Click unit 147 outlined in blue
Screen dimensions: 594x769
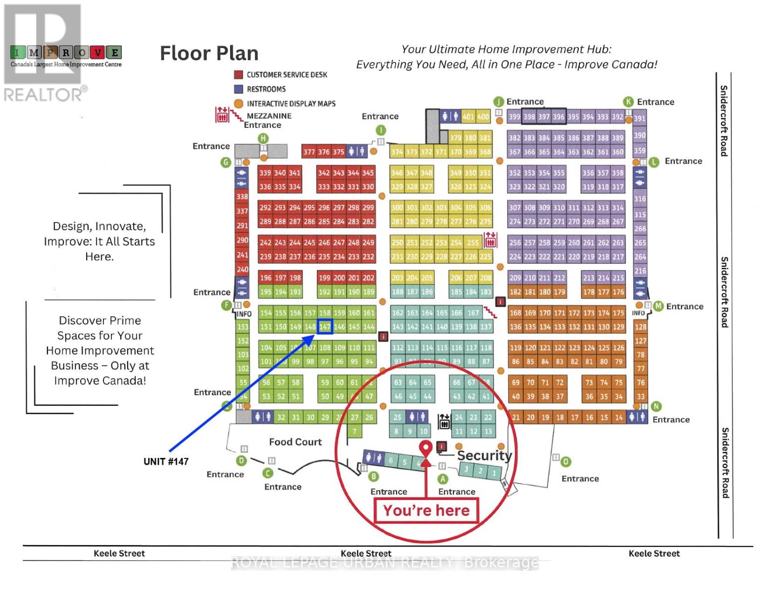325,327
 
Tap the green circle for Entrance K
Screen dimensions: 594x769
628,102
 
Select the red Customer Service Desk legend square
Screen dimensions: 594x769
238,75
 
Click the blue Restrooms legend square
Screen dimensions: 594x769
238,89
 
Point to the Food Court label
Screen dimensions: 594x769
295,442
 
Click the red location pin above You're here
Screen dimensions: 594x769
425,447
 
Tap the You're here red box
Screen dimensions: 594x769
426,510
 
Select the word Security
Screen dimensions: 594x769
484,455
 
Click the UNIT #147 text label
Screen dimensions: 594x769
166,461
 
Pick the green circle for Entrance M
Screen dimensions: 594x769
658,306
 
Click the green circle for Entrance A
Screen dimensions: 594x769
443,479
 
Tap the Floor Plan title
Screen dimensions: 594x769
209,53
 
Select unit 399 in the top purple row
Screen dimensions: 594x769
514,117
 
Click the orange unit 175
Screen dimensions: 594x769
618,313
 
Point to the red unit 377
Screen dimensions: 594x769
309,152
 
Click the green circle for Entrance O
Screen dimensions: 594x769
565,462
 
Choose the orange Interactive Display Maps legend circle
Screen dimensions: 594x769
238,103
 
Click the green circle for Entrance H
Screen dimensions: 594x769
263,139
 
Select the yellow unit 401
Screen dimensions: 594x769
468,117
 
